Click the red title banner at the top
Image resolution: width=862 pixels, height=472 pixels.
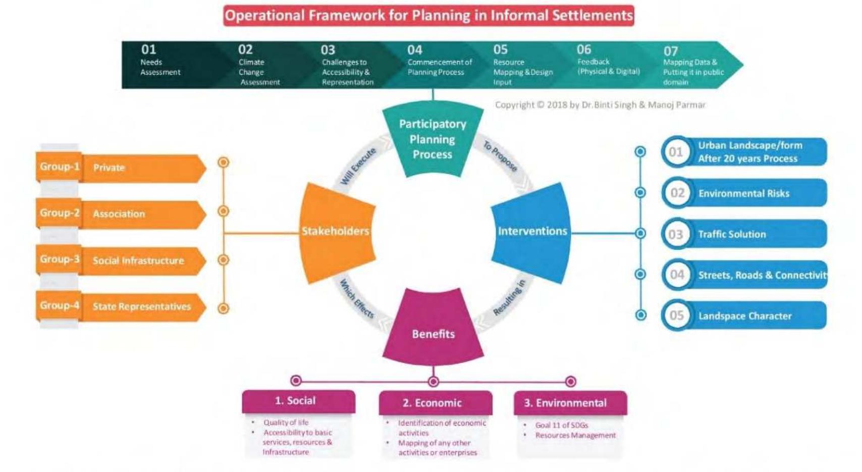428,16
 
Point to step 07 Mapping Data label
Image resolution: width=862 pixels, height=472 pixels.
692,67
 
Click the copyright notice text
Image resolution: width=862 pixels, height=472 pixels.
600,105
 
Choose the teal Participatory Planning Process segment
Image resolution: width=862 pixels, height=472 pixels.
432,139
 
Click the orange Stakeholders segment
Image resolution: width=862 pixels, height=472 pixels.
336,231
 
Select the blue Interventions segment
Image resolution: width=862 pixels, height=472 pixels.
532,231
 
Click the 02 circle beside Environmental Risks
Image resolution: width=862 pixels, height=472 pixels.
677,193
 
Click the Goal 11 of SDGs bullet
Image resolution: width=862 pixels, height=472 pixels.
561,425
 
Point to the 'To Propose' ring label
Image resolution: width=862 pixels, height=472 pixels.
500,156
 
